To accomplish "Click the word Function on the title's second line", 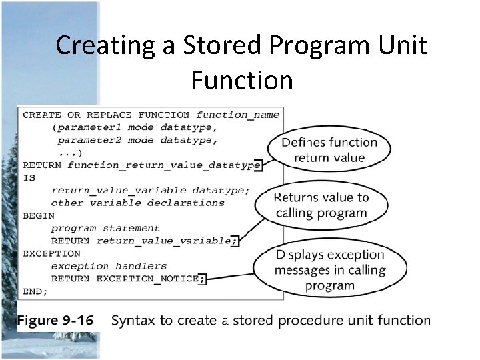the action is click(x=241, y=81).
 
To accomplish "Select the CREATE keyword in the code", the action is click(x=41, y=115).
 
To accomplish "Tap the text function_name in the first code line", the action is click(x=238, y=115).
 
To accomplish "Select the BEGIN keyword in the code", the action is click(x=39, y=216).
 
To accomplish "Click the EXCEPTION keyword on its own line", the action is click(x=51, y=253).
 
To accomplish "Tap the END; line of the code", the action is click(x=35, y=291).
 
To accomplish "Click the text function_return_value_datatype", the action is click(x=163, y=165).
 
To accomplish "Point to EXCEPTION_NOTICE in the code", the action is click(x=147, y=279).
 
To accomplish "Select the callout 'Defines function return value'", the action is click(x=329, y=150).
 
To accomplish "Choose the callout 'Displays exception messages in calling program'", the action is click(x=329, y=270).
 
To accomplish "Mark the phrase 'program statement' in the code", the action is click(x=105, y=229).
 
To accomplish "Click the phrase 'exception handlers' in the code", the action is click(x=109, y=266).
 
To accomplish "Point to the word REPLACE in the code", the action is click(x=109, y=115).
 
